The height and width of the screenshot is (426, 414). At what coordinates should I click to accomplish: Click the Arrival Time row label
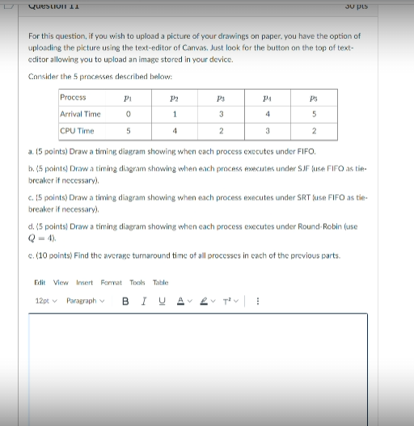(x=81, y=114)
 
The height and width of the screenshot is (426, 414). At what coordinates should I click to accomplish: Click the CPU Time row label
(x=77, y=130)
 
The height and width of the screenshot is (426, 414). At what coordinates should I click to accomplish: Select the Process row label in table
(x=74, y=98)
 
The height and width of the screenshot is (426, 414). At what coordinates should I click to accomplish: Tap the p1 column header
(x=129, y=98)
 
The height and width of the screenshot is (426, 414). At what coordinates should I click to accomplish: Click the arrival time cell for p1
(x=129, y=114)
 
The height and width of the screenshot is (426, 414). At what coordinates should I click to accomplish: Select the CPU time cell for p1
(x=129, y=130)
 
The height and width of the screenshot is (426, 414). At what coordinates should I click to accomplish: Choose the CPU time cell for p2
(x=175, y=130)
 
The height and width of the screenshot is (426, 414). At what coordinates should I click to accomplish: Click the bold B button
(x=125, y=302)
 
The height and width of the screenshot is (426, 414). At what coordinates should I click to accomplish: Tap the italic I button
(x=142, y=302)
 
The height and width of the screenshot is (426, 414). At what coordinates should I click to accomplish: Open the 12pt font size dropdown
(x=44, y=302)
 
